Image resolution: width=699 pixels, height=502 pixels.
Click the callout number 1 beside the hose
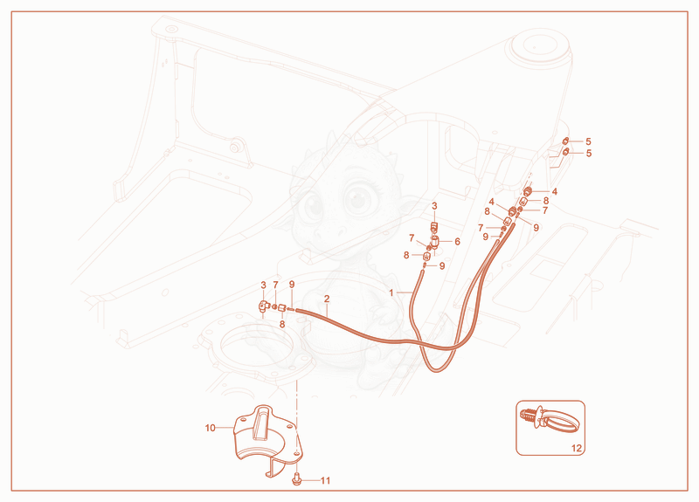tap(391, 292)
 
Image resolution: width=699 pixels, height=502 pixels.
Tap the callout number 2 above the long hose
tap(327, 299)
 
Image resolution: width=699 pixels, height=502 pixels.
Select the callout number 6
tap(457, 242)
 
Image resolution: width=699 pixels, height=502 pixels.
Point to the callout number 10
tap(210, 428)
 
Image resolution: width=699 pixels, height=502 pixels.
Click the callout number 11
tap(325, 480)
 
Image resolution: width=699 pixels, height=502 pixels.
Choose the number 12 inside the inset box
tap(577, 448)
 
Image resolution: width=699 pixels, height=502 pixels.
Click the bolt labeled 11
tap(297, 480)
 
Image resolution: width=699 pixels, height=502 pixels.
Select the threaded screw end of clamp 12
tap(528, 416)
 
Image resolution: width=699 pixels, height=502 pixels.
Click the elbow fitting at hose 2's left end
tap(263, 306)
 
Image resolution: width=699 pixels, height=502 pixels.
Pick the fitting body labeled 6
tap(435, 242)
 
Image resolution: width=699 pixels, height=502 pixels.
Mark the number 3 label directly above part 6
tap(434, 206)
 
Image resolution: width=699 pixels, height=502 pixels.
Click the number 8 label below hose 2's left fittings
tap(281, 324)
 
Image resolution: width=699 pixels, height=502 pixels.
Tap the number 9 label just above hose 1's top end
tap(442, 266)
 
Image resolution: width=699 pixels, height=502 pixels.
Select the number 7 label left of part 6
tap(412, 238)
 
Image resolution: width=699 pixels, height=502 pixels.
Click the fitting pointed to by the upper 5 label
tap(565, 141)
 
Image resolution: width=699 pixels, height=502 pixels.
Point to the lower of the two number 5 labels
tap(588, 154)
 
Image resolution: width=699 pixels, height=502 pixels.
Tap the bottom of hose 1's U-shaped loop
tap(436, 369)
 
